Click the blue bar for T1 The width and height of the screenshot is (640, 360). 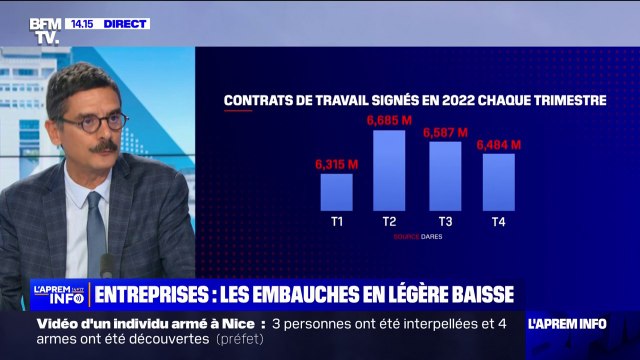click(x=336, y=191)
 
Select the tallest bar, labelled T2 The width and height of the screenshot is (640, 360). click(x=389, y=170)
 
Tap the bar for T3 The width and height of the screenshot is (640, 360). click(x=445, y=176)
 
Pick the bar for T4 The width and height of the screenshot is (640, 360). click(x=498, y=182)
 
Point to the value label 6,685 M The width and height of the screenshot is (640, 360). click(x=389, y=121)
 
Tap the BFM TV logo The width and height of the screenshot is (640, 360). click(x=47, y=30)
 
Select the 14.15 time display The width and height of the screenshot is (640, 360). click(x=82, y=23)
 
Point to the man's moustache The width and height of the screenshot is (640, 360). click(x=104, y=146)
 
